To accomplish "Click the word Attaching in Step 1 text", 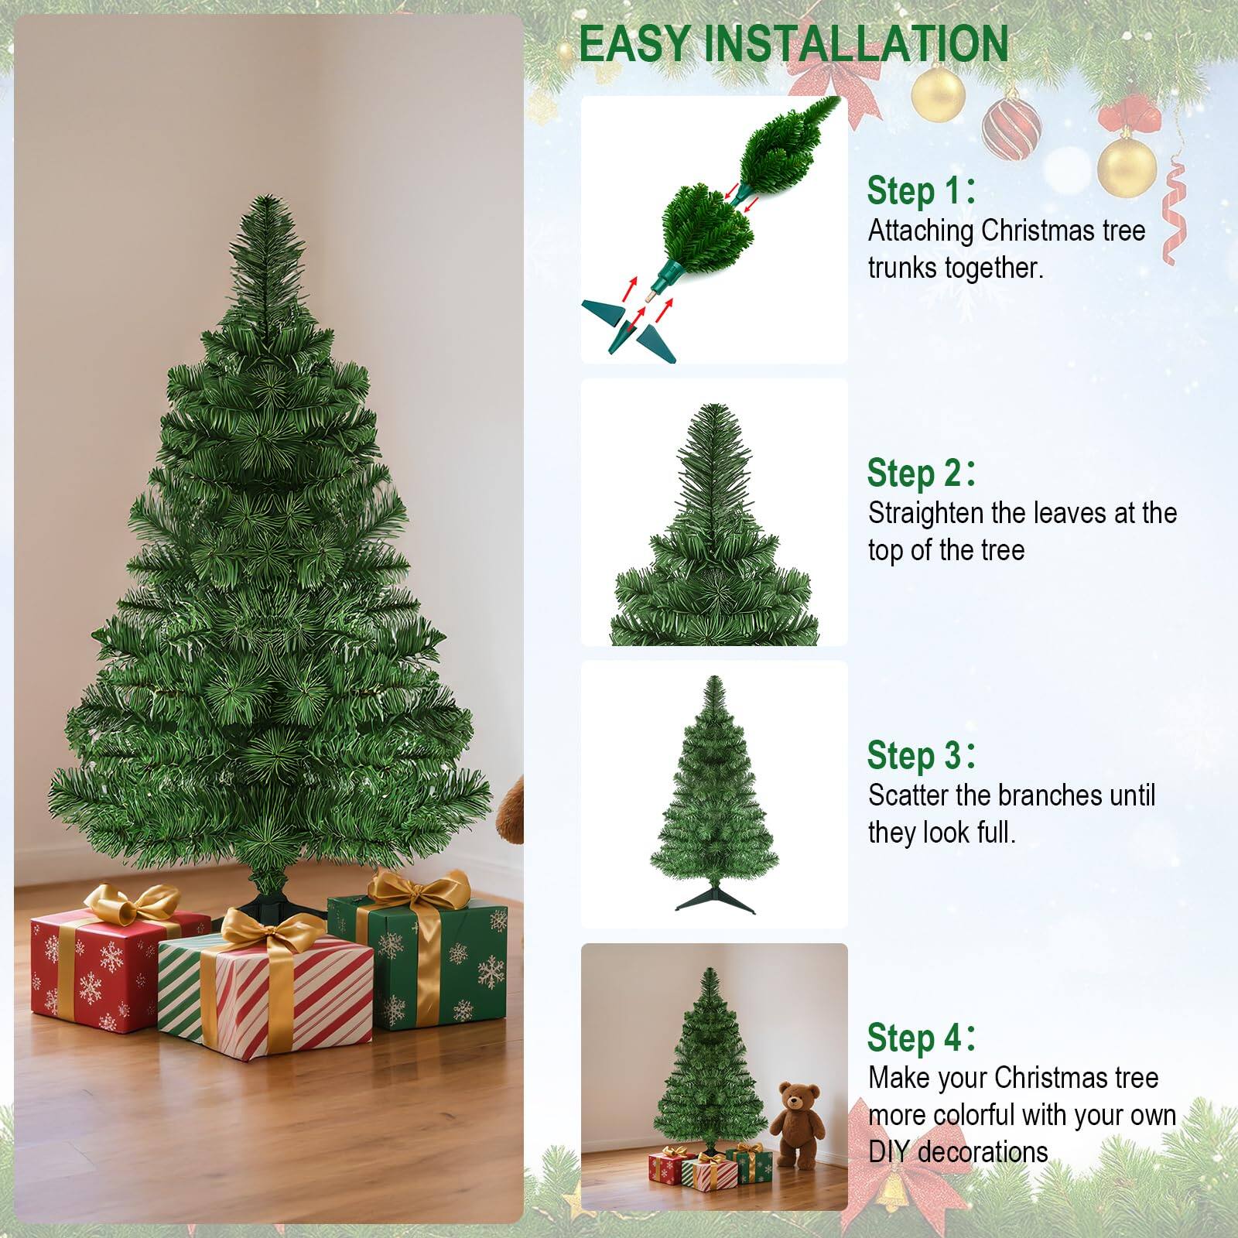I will pos(922,231).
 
